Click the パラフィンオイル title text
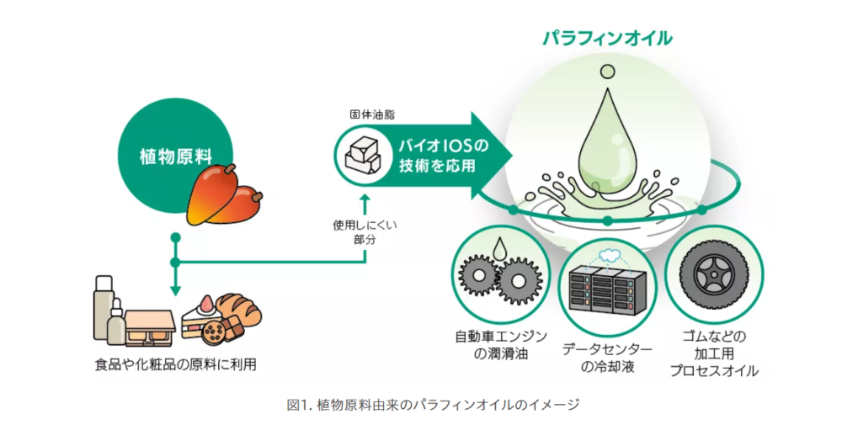(x=606, y=38)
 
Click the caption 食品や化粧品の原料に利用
(x=174, y=364)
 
